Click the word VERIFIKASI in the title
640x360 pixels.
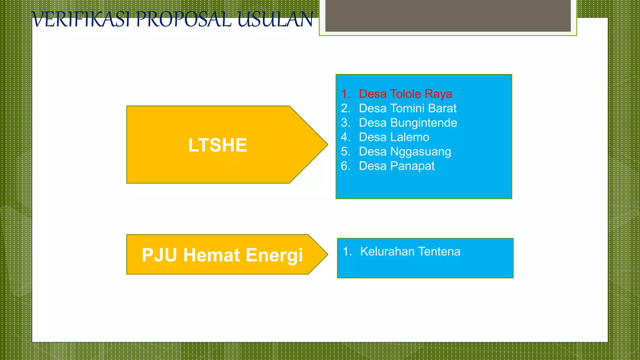coord(81,19)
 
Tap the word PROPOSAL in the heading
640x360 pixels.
coord(184,19)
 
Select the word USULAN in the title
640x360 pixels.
coord(275,19)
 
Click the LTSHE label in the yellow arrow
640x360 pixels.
coord(217,145)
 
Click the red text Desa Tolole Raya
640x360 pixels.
coord(405,94)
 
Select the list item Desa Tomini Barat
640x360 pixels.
coord(407,108)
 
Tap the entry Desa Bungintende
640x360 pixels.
coord(408,122)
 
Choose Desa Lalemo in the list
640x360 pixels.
coord(394,137)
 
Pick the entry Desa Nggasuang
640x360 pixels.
coord(405,152)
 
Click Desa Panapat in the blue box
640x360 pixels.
coord(397,166)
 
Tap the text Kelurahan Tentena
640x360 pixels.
coord(410,252)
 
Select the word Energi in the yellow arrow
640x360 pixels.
coord(274,255)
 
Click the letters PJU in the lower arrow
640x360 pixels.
coord(159,255)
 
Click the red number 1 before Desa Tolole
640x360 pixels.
coord(345,94)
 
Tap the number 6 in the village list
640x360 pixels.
coord(345,166)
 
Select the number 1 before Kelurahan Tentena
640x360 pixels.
coord(346,252)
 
